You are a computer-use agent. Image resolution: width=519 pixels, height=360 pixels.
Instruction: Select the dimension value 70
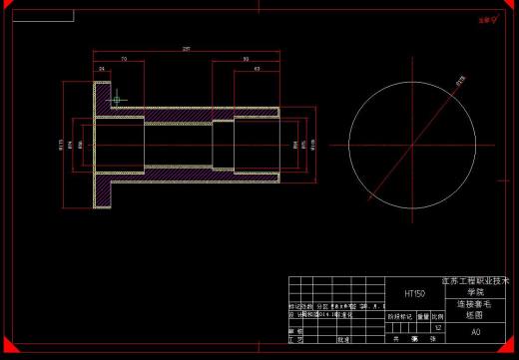coord(123,59)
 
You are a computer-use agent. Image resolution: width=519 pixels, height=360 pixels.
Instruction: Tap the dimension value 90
coord(246,59)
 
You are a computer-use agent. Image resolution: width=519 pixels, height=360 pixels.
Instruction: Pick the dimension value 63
coord(257,69)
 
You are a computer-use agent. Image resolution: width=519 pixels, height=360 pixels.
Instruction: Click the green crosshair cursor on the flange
coord(117,98)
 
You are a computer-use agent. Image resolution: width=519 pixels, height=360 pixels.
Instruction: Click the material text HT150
coord(414,294)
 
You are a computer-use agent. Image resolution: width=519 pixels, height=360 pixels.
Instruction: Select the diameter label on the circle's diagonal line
coord(460,84)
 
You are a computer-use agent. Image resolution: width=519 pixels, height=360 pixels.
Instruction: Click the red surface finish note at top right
coord(487,18)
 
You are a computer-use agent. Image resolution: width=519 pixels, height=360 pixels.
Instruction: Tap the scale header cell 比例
coord(437,316)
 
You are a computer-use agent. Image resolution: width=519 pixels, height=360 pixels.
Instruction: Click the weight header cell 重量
coord(422,316)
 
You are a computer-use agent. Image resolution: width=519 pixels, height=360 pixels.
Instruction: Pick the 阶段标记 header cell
coord(400,316)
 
